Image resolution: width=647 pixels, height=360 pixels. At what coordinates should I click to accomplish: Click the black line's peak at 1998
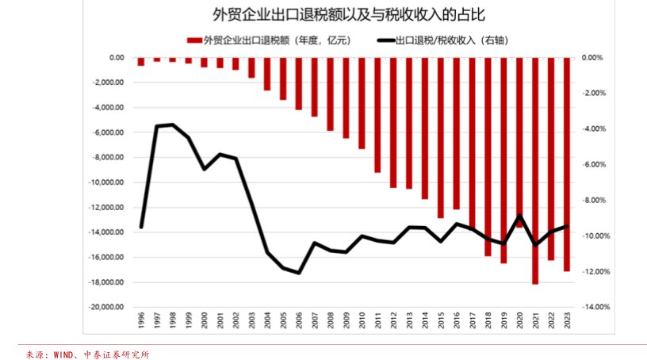[x=173, y=124]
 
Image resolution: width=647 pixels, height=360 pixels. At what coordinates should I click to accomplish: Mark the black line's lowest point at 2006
[x=299, y=273]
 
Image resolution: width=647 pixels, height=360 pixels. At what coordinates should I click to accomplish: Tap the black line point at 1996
[x=141, y=228]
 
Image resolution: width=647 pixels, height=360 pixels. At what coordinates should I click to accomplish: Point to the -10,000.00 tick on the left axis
[x=107, y=182]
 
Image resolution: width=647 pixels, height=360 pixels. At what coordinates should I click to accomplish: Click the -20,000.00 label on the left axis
[x=107, y=307]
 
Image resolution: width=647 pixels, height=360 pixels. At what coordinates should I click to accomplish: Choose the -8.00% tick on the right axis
[x=595, y=201]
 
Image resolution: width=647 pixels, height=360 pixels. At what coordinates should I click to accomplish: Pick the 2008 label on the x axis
[x=330, y=320]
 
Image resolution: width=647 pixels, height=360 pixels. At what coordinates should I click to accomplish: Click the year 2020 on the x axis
[x=519, y=320]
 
